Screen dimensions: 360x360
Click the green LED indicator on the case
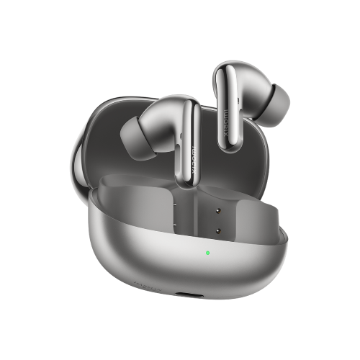[207, 253]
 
